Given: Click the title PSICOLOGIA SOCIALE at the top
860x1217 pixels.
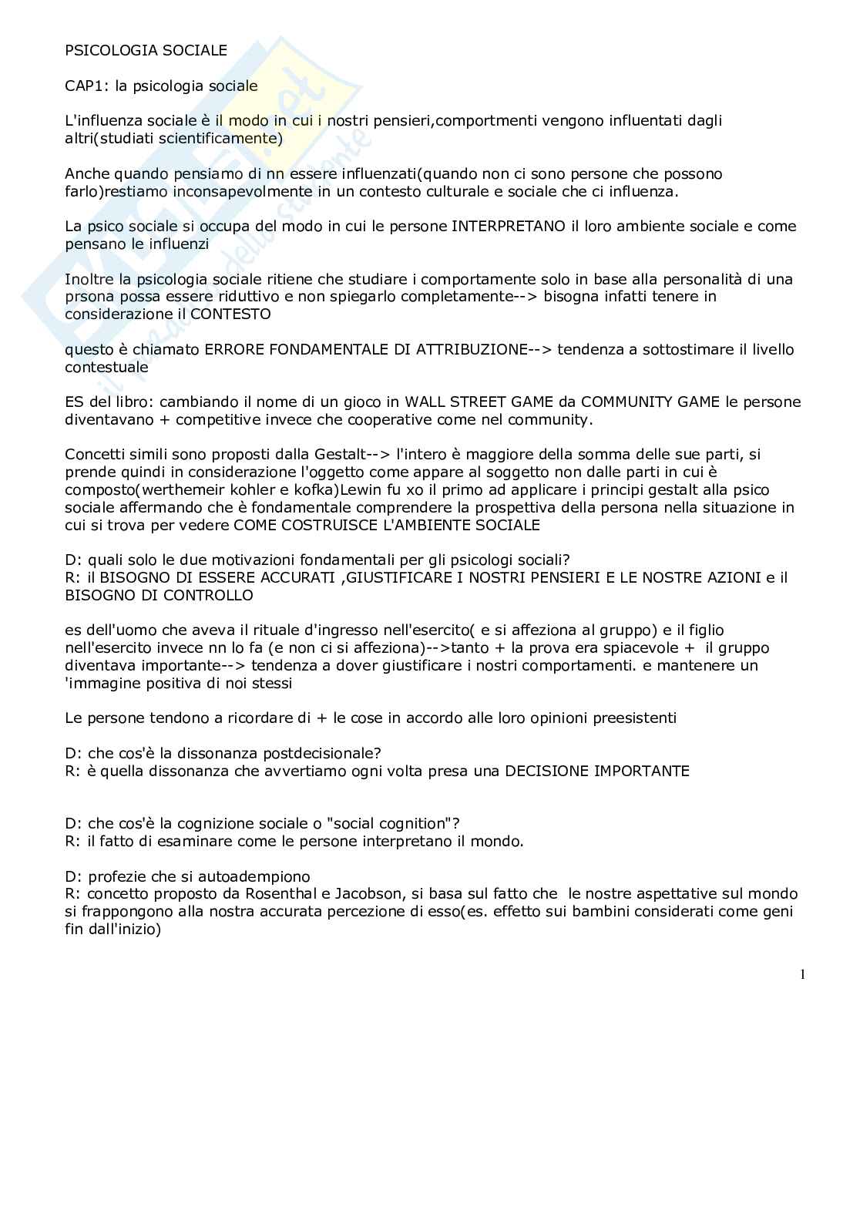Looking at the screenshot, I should (x=146, y=51).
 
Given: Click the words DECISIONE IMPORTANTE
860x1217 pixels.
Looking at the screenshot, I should (x=597, y=771).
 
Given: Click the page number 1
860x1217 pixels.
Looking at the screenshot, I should (x=802, y=975).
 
